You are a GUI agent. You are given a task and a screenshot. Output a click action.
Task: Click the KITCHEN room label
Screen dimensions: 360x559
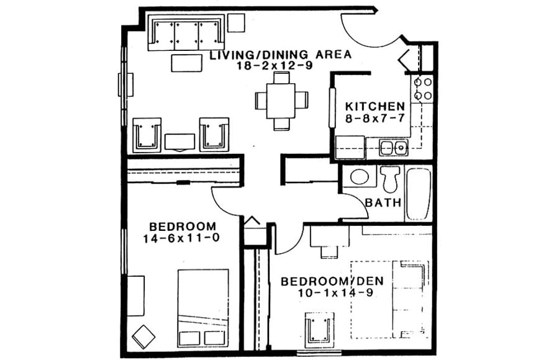point(375,106)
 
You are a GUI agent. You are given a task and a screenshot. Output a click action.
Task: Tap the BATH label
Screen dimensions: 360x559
point(383,202)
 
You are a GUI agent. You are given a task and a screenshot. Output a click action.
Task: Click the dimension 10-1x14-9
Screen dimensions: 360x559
point(327,293)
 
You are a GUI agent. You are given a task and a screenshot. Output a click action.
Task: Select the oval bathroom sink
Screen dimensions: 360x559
point(360,176)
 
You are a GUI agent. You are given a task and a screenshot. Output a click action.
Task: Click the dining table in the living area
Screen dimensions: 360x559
point(281,100)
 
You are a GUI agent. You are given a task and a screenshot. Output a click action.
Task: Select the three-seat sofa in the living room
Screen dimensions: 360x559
point(186,35)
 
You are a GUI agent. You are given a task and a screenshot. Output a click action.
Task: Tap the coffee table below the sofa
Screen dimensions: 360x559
point(186,63)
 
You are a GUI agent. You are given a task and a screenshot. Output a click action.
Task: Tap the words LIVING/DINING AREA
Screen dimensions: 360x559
point(280,54)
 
